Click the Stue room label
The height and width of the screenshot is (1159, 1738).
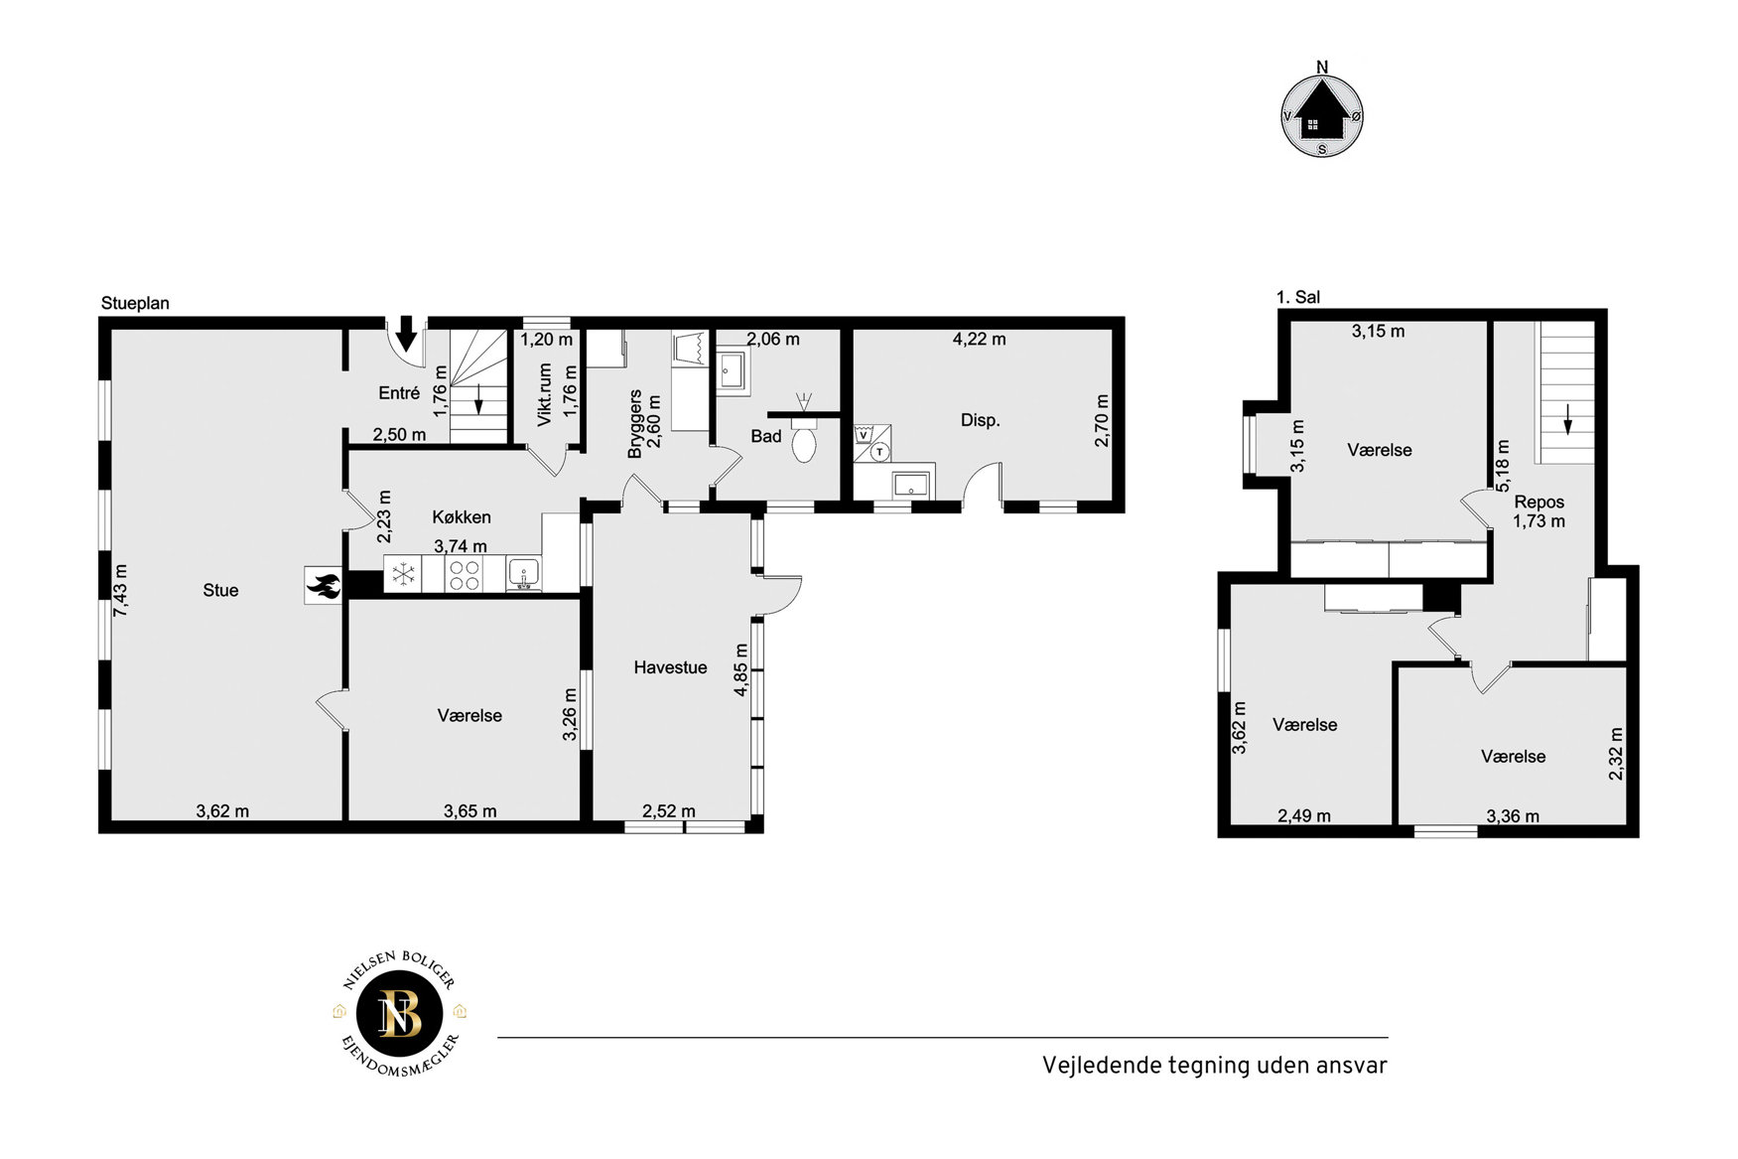[220, 590]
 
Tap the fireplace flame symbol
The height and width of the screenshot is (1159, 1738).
[324, 585]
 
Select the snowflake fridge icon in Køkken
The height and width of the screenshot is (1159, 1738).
[403, 575]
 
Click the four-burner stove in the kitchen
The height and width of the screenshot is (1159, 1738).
[465, 575]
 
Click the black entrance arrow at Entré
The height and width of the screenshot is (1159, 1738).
[406, 333]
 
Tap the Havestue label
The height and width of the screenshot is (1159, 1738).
[670, 667]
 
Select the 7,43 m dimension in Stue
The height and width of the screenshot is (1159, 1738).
[121, 590]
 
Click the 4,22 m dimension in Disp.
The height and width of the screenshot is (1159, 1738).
[979, 339]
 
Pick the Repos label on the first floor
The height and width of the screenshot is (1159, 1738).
[1538, 502]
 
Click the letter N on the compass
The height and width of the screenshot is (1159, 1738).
[1322, 68]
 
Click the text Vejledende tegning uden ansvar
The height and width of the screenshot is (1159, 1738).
[1214, 1065]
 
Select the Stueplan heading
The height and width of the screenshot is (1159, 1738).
[135, 303]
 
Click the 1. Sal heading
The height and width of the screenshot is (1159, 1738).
[1298, 297]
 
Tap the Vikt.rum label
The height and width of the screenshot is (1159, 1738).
[545, 394]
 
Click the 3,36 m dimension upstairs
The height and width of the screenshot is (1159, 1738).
[1513, 816]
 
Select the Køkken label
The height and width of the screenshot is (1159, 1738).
[462, 516]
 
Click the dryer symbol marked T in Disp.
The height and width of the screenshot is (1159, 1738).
[879, 452]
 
